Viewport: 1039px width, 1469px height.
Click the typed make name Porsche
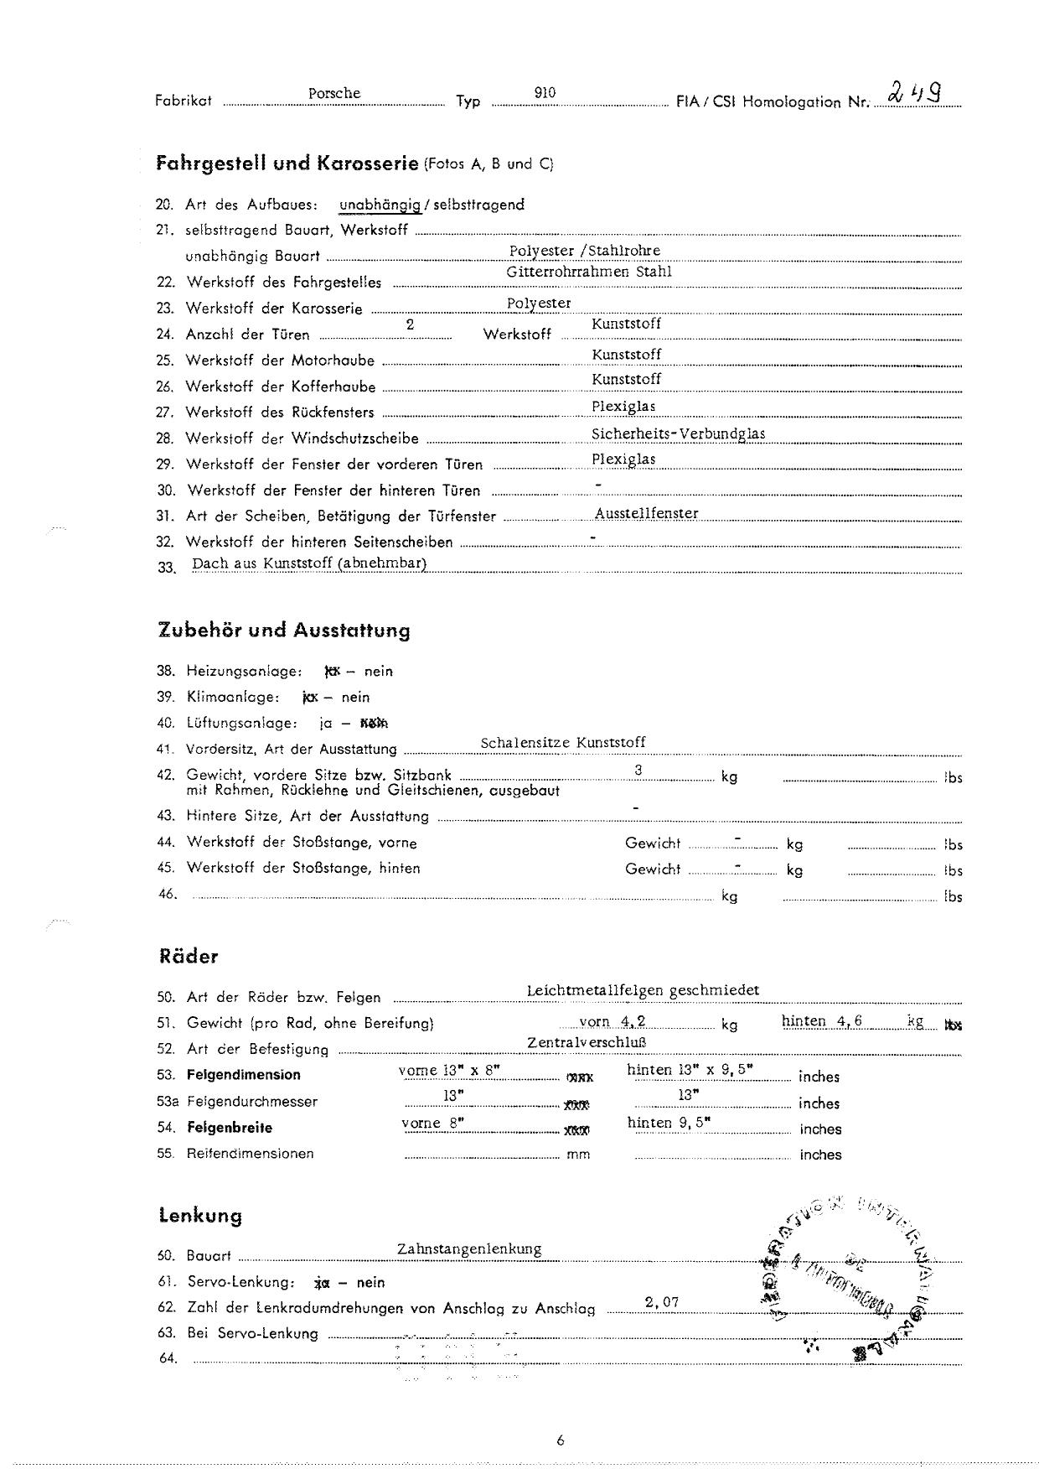pyautogui.click(x=334, y=93)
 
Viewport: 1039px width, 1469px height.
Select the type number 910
pyautogui.click(x=545, y=93)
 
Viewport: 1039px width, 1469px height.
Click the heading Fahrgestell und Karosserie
pyautogui.click(x=287, y=164)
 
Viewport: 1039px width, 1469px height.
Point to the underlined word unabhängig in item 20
pyautogui.click(x=380, y=205)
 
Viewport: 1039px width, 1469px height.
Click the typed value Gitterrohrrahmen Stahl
pyautogui.click(x=588, y=272)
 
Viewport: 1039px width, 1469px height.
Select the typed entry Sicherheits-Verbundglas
pyautogui.click(x=678, y=433)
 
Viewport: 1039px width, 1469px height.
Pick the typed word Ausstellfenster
pyautogui.click(x=646, y=513)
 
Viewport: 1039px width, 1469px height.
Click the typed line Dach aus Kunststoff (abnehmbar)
pyautogui.click(x=309, y=563)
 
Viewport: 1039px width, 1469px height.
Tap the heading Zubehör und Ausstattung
pyautogui.click(x=284, y=631)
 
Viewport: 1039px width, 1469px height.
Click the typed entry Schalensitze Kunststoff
pyautogui.click(x=563, y=742)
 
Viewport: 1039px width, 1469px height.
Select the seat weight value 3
pyautogui.click(x=638, y=770)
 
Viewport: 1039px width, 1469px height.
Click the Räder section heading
pyautogui.click(x=189, y=957)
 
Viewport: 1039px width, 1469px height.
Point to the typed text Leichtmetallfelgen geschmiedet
pyautogui.click(x=643, y=990)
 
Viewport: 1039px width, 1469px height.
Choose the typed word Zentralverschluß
pyautogui.click(x=587, y=1042)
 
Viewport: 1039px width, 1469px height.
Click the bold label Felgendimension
pyautogui.click(x=243, y=1075)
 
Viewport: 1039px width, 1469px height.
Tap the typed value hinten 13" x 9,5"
pyautogui.click(x=690, y=1070)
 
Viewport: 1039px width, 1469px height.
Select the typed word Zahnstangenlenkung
pyautogui.click(x=469, y=1248)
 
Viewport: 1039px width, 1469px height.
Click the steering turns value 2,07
pyautogui.click(x=662, y=1302)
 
